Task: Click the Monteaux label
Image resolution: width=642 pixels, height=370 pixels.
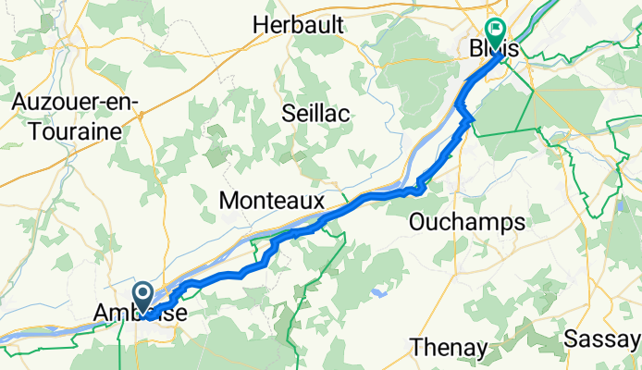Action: [x=271, y=200]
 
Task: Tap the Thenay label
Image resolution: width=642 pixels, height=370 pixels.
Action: [x=449, y=349]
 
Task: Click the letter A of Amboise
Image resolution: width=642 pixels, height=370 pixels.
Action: [x=102, y=315]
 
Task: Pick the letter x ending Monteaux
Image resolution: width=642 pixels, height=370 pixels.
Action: [x=317, y=200]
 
